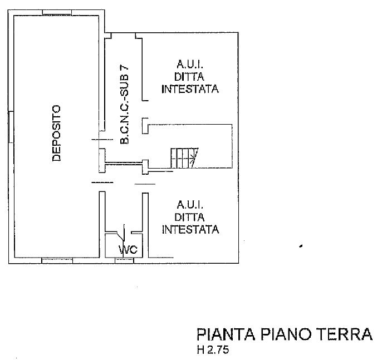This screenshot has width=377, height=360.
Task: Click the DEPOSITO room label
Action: coord(56,134)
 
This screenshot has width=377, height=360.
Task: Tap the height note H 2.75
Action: coord(212,351)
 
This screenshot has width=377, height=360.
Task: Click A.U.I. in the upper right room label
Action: coord(190,66)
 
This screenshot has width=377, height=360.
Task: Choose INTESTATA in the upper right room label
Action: coord(190,89)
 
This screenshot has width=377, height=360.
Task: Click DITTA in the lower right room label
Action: coord(190,217)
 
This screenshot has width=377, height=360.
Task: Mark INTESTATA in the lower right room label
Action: coord(190,229)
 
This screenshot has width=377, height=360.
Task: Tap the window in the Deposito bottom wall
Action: coord(57,260)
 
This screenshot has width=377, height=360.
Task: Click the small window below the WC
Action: coord(124,260)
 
